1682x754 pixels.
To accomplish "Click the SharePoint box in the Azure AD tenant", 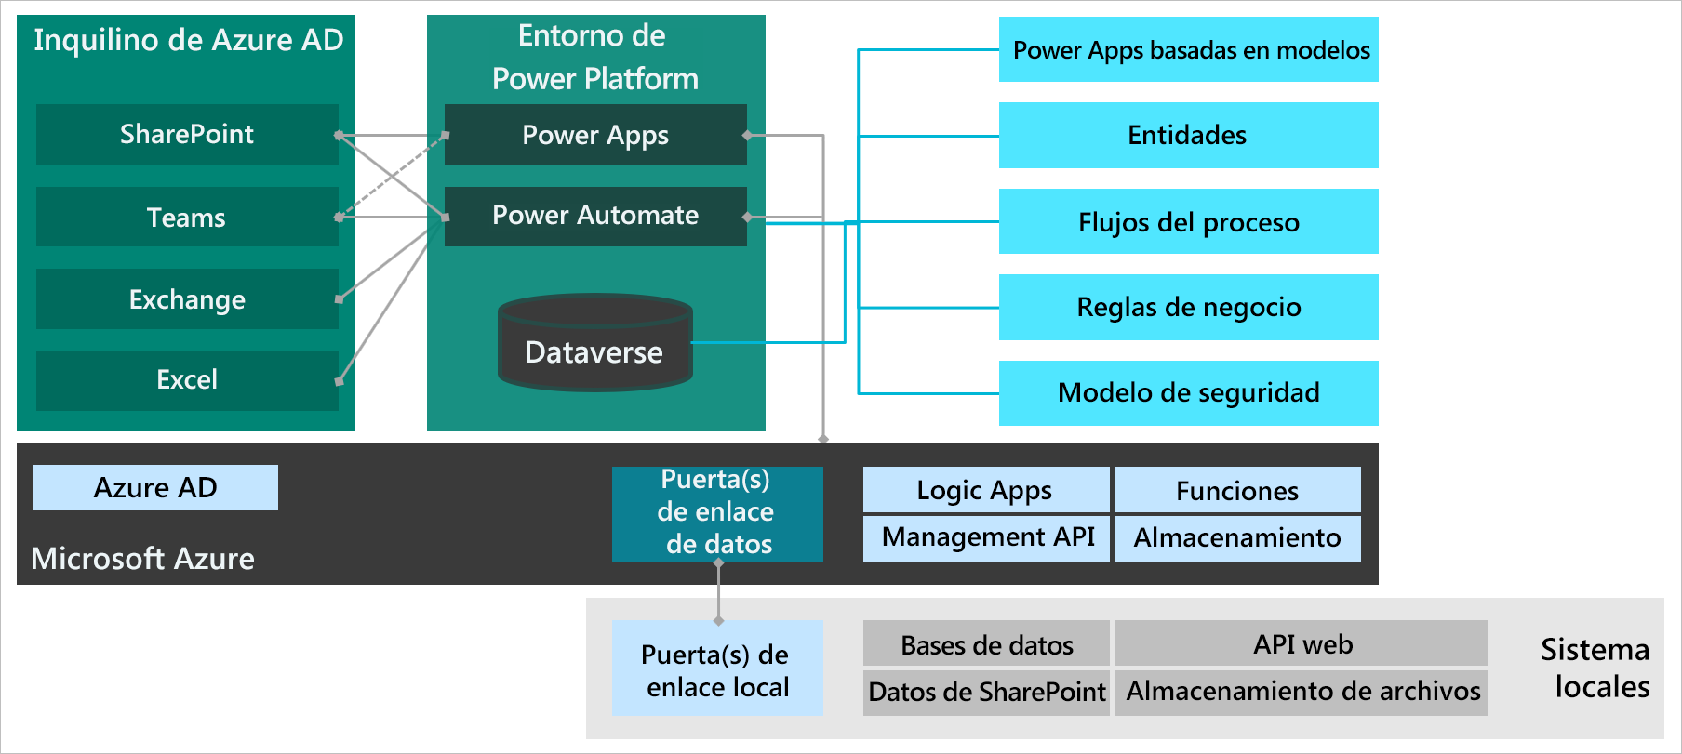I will point(187,135).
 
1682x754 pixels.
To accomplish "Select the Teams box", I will point(187,218).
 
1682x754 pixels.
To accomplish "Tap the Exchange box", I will point(187,299).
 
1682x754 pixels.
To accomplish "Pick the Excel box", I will point(187,380).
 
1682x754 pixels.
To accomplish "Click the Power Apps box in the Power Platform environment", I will point(595,135).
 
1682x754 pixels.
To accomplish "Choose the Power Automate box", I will point(595,216).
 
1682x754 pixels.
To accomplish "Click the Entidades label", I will point(1187,136).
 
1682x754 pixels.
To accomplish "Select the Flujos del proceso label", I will point(1188,223).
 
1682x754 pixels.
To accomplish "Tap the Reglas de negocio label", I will point(1188,308).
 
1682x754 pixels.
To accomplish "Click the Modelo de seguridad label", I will point(1188,392).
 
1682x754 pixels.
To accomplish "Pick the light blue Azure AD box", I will point(155,488).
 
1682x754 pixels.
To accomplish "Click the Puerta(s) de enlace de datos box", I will point(717,513).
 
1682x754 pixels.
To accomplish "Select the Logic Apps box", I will point(985,490).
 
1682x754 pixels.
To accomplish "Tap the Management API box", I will point(987,538).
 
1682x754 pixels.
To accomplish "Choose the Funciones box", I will point(1237,490).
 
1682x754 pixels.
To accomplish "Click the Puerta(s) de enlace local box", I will point(717,668).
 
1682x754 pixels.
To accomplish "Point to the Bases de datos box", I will point(986,644).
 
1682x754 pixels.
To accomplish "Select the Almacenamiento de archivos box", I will point(1302,693).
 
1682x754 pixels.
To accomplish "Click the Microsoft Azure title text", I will point(142,559).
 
